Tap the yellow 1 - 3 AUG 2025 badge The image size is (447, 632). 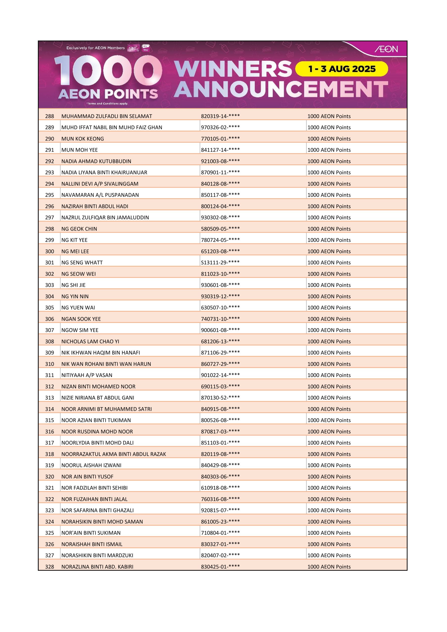[x=342, y=69]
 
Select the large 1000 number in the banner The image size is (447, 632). [x=108, y=71]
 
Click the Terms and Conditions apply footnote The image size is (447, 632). [x=107, y=104]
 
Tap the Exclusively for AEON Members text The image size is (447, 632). [x=96, y=48]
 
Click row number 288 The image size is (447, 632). [x=50, y=116]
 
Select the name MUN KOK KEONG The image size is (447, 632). [x=83, y=139]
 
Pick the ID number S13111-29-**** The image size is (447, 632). [x=220, y=263]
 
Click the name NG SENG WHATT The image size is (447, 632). [x=82, y=263]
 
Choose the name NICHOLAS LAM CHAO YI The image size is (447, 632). [x=90, y=341]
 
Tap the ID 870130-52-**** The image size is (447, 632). [x=220, y=398]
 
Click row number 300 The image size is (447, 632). [x=50, y=251]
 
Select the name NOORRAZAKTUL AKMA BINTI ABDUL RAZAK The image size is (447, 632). [x=113, y=454]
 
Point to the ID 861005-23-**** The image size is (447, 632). [x=220, y=522]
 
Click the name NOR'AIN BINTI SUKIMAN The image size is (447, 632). [x=91, y=533]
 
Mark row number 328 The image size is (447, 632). [x=50, y=567]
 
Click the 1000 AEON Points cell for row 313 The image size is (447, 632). [x=329, y=398]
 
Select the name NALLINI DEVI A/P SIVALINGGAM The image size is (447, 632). [x=100, y=184]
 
